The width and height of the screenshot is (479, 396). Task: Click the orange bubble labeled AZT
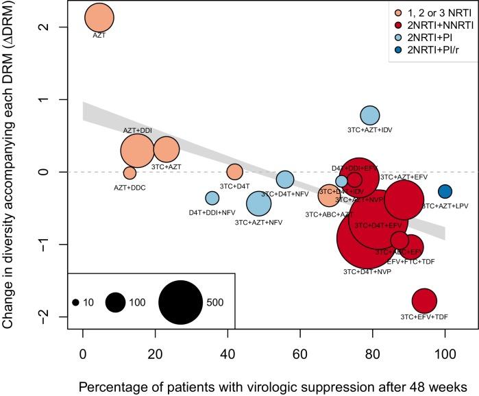pyautogui.click(x=99, y=18)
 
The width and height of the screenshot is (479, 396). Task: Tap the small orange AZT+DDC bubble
pyautogui.click(x=130, y=173)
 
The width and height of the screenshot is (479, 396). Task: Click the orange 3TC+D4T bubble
pyautogui.click(x=234, y=172)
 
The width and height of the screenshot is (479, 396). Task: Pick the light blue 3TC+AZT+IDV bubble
pyautogui.click(x=369, y=115)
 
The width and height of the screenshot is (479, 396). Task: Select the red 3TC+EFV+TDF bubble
pyautogui.click(x=424, y=300)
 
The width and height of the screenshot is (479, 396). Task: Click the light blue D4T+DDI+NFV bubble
pyautogui.click(x=212, y=198)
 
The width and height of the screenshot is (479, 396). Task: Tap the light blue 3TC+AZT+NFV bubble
pyautogui.click(x=259, y=203)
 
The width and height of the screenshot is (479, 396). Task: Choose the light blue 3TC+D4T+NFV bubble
pyautogui.click(x=285, y=180)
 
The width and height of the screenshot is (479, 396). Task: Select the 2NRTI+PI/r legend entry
pyautogui.click(x=425, y=60)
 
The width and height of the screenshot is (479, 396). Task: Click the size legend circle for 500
pyautogui.click(x=181, y=302)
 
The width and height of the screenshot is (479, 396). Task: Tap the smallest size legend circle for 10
pyautogui.click(x=75, y=302)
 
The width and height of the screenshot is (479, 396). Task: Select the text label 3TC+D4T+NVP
pyautogui.click(x=367, y=271)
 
